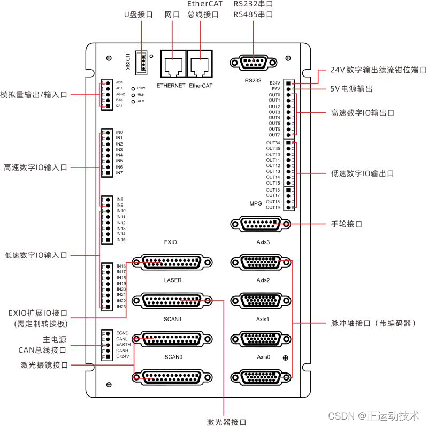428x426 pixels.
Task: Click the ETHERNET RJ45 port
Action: (171, 65)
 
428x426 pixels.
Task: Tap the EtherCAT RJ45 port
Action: (200, 65)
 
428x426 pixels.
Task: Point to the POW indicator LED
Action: (133, 88)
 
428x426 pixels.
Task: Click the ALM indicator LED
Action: (133, 101)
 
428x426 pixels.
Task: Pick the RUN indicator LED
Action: (133, 94)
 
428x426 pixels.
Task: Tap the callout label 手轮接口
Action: (347, 224)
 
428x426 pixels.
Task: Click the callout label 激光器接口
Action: (226, 422)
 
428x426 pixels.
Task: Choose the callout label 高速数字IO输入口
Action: (35, 167)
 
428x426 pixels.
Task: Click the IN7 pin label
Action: (119, 173)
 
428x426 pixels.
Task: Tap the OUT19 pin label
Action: (273, 207)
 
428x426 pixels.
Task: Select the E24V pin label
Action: (275, 83)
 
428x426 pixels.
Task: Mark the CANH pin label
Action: (123, 351)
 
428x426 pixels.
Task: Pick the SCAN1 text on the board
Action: (173, 318)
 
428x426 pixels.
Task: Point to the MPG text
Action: (255, 204)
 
